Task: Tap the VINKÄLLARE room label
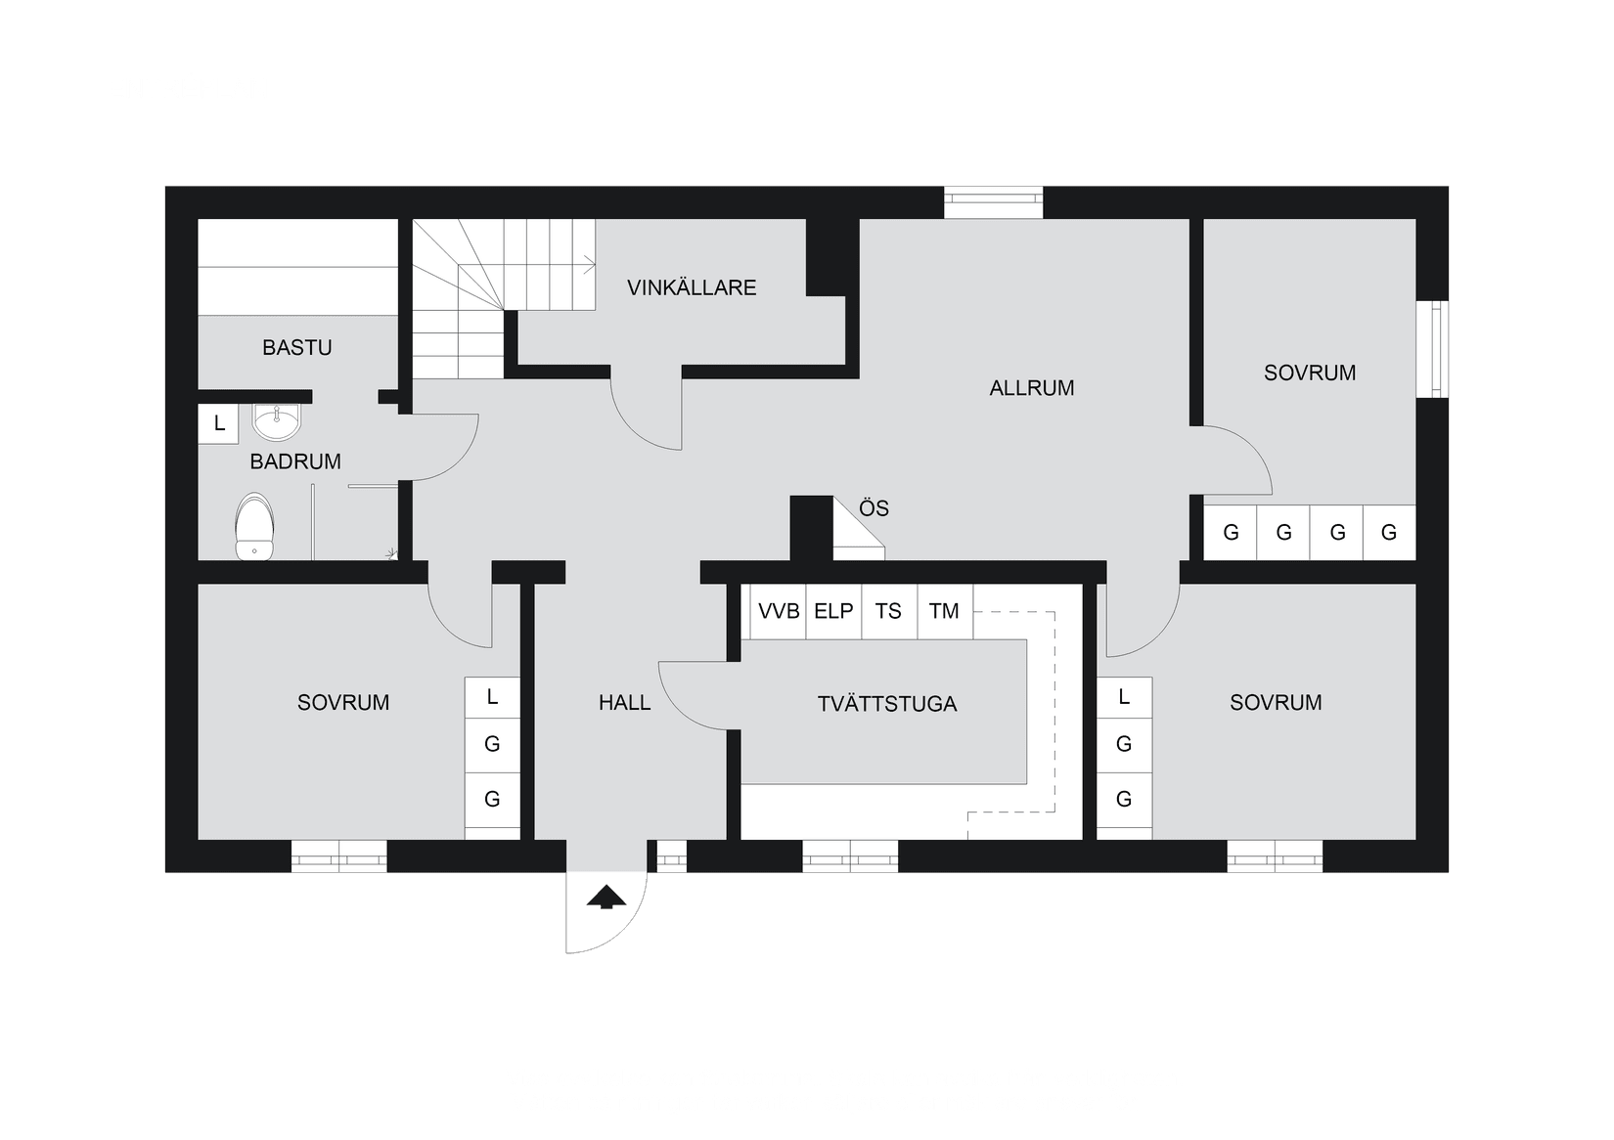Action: click(x=692, y=287)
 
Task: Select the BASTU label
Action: click(x=296, y=347)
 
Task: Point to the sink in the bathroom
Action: click(x=278, y=421)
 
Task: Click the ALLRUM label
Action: click(x=1031, y=387)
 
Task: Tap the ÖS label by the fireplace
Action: click(x=874, y=508)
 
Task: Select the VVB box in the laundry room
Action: click(x=779, y=611)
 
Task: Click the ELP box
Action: click(x=833, y=611)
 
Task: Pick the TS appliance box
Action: click(x=888, y=611)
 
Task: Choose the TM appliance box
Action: click(x=944, y=611)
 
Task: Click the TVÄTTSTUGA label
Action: click(x=886, y=704)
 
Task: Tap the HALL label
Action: click(x=624, y=702)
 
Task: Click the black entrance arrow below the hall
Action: click(x=606, y=897)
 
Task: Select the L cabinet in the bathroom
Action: click(x=219, y=423)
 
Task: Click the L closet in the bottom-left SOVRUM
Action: click(x=492, y=697)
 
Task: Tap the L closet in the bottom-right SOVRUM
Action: click(x=1124, y=697)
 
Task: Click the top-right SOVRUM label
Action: click(x=1309, y=373)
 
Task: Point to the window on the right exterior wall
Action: click(x=1436, y=349)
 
